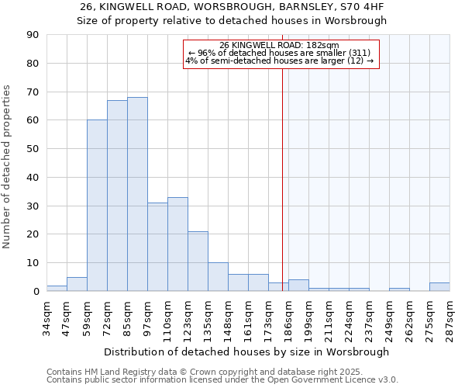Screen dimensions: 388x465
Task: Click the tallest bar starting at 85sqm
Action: [x=137, y=194]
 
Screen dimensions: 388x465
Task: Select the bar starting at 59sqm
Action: [x=97, y=206]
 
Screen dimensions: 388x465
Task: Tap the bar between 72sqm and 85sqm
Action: [x=117, y=196]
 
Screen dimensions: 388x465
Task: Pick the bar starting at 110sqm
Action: [x=177, y=244]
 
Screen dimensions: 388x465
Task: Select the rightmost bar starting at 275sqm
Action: [x=439, y=287]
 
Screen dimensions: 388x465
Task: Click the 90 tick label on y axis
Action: [x=33, y=35]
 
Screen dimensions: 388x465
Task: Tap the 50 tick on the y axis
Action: [x=33, y=149]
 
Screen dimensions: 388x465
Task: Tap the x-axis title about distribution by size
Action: [x=246, y=352]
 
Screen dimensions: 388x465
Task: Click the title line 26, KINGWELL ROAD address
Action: [x=232, y=7]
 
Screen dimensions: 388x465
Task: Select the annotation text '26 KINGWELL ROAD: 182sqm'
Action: [x=279, y=45]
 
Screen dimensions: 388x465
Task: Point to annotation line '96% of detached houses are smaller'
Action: [x=279, y=53]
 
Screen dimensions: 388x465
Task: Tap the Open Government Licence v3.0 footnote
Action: [x=222, y=380]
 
